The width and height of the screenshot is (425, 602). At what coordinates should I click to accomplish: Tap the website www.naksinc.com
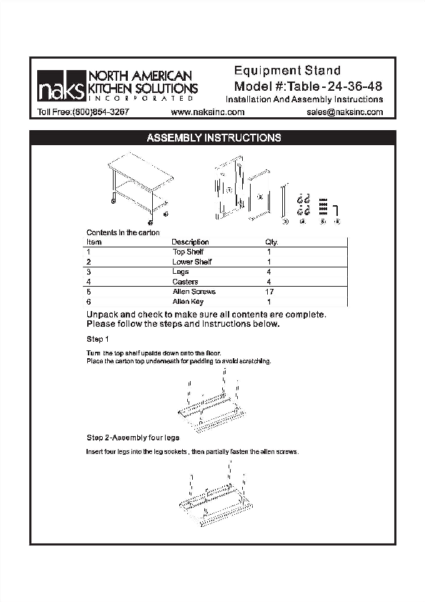pyautogui.click(x=209, y=112)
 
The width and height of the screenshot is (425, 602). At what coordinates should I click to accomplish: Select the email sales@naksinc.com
pyautogui.click(x=345, y=112)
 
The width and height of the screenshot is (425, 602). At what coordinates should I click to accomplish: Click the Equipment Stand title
pyautogui.click(x=287, y=71)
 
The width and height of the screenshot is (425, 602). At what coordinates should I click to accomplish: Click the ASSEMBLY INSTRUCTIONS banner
pyautogui.click(x=213, y=138)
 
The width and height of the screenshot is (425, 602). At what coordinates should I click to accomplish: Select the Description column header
pyautogui.click(x=190, y=242)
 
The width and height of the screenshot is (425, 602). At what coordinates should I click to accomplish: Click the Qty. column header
pyautogui.click(x=271, y=242)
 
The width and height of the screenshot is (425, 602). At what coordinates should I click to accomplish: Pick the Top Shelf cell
pyautogui.click(x=188, y=252)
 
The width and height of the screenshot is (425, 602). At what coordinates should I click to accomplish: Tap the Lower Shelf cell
pyautogui.click(x=191, y=262)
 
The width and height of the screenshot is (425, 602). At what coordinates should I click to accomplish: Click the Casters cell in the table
pyautogui.click(x=186, y=282)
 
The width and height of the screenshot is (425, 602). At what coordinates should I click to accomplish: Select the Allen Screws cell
pyautogui.click(x=194, y=292)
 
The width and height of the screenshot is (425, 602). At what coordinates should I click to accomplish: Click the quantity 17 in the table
pyautogui.click(x=269, y=292)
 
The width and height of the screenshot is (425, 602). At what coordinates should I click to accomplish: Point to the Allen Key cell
pyautogui.click(x=188, y=302)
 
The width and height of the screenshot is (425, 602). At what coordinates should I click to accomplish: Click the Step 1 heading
pyautogui.click(x=98, y=338)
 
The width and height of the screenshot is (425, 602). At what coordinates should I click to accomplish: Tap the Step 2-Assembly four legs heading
pyautogui.click(x=133, y=437)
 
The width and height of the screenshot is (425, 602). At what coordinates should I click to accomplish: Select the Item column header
pyautogui.click(x=94, y=242)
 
